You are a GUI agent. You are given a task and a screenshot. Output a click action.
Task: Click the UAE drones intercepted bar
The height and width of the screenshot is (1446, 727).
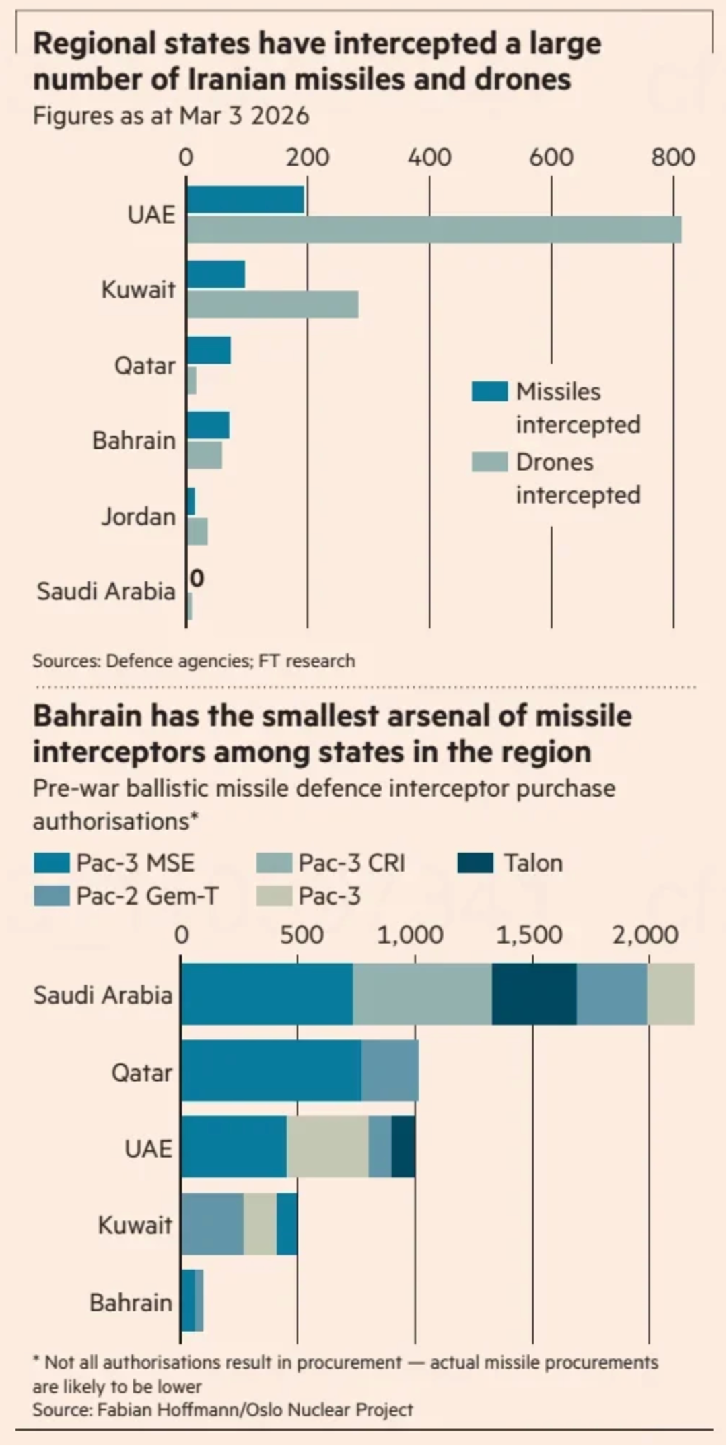point(434,230)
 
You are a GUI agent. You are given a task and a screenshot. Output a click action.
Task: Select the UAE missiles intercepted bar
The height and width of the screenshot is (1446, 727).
point(246,200)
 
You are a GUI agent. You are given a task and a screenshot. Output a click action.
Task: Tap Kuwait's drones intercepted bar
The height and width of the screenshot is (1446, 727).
point(273,304)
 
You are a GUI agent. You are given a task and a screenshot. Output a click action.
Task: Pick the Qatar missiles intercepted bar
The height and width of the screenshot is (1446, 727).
point(209,351)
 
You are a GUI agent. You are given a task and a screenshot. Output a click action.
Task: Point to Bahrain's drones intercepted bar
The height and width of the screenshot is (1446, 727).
point(205,455)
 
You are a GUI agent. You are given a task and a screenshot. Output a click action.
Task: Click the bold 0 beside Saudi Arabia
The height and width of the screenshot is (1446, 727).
point(197,578)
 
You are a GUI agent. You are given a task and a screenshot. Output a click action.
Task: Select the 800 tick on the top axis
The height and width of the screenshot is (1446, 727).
point(672,158)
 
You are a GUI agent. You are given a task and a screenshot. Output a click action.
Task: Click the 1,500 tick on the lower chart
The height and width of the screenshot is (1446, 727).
point(529,935)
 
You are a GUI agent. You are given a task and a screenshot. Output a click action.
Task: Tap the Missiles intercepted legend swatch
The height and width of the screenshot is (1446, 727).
point(489,391)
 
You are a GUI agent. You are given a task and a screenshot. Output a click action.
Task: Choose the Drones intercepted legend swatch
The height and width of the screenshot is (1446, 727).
point(489,462)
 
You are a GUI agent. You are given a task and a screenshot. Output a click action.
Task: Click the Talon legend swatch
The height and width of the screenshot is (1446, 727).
point(475,863)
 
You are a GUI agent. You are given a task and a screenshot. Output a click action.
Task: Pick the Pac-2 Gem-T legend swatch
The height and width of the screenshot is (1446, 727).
point(52,896)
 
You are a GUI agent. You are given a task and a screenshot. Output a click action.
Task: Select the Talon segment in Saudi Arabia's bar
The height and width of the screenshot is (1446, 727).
point(534,994)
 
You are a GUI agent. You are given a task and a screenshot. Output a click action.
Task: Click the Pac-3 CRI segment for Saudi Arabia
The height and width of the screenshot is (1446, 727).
point(422,994)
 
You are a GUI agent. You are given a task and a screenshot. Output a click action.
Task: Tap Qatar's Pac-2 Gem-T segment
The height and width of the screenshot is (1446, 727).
point(390,1070)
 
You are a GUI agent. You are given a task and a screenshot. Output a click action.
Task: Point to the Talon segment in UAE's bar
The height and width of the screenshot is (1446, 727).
point(403,1147)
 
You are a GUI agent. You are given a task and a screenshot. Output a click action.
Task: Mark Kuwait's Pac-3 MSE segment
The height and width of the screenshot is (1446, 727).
point(287,1224)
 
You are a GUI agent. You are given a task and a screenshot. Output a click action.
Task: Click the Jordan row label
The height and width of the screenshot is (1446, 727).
point(139,517)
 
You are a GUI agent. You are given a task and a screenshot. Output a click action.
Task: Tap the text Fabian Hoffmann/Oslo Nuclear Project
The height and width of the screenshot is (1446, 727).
point(255,1410)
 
